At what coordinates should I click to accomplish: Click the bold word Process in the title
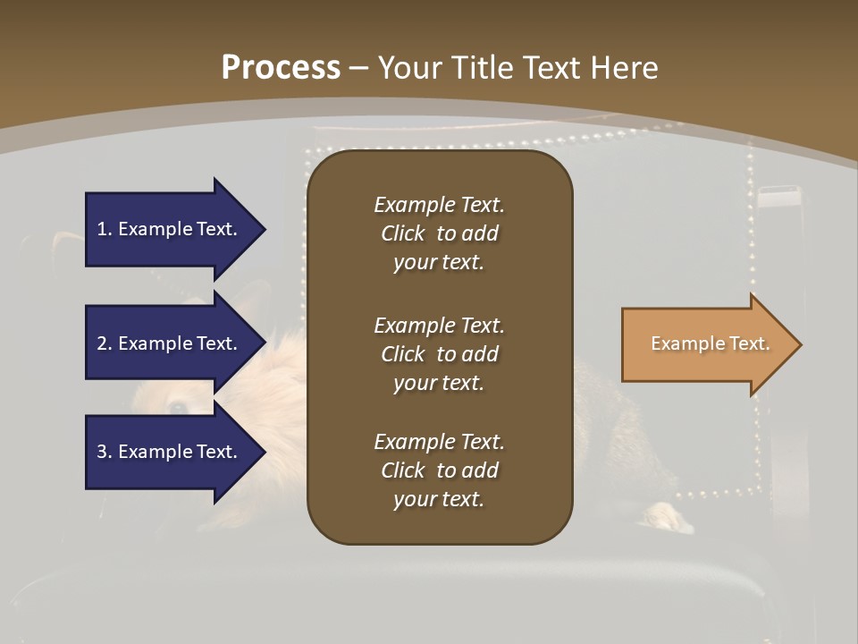(281, 68)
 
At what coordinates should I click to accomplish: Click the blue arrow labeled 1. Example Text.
(170, 229)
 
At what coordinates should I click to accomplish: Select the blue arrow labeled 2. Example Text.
(170, 343)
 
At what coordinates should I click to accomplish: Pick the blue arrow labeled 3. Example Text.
(170, 452)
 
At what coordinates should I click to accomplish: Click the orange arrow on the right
(706, 344)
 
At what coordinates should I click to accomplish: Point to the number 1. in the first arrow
(105, 229)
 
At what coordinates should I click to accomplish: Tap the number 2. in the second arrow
(105, 343)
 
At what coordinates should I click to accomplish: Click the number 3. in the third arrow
(105, 452)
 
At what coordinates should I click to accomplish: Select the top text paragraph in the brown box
(439, 233)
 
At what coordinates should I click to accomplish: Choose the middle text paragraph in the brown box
(439, 354)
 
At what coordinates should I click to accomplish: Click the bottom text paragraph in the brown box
(439, 470)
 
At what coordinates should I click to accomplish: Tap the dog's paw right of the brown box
(667, 516)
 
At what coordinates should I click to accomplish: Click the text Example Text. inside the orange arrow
(710, 343)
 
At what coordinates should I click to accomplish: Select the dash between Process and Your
(358, 68)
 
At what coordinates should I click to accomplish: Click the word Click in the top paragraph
(402, 233)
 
